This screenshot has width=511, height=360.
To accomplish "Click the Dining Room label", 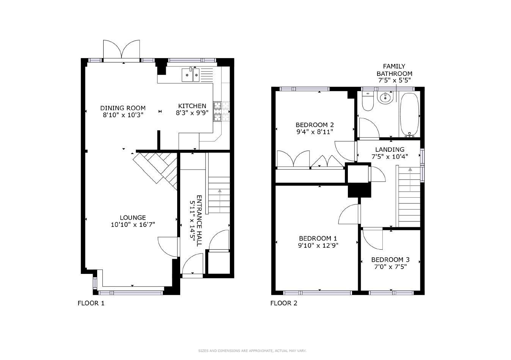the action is coord(123,108).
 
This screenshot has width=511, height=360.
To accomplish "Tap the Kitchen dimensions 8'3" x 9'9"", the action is coord(192,113).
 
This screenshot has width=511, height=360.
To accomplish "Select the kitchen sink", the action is coord(190,75).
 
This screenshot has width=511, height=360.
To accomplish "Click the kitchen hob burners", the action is coord(221,112).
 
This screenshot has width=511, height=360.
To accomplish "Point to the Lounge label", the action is coord(133,218).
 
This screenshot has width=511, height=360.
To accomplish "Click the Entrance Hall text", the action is coord(199,221).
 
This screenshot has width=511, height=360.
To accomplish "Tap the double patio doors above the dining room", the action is coord(121,50).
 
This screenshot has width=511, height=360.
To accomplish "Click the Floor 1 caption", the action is coord(91,303).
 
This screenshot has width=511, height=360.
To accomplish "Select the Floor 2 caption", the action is coord(284,303).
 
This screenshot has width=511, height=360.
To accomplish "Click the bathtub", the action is coord(410,115).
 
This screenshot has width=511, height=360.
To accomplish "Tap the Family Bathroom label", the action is coord(394,70).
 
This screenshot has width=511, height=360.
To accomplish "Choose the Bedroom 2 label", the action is coord(314,125).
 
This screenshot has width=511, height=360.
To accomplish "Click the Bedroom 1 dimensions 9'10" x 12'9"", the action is coord(318,245).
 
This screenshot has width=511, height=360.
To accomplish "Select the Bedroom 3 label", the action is coord(390,259).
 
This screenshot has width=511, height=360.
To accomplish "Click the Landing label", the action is coord(390,150).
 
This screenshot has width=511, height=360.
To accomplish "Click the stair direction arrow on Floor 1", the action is coord(220,201).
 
